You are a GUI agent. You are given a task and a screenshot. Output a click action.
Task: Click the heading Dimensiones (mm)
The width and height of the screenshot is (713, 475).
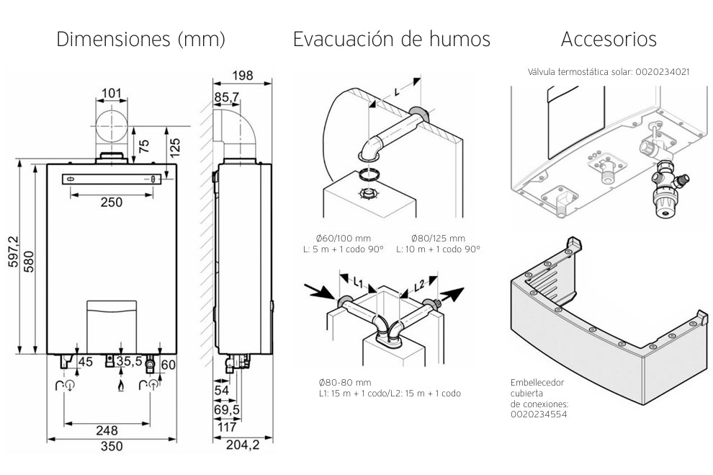click(x=141, y=39)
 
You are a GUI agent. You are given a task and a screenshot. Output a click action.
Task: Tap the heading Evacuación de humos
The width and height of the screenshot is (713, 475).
click(x=391, y=39)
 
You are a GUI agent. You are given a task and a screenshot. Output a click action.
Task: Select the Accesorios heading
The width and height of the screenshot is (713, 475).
click(x=609, y=39)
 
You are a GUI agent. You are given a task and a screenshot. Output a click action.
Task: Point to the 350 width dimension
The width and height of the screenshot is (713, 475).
click(x=110, y=446)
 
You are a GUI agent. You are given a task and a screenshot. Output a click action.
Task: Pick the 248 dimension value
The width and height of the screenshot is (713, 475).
click(x=107, y=430)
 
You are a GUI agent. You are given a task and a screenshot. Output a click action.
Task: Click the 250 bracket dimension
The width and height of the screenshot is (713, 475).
click(x=111, y=203)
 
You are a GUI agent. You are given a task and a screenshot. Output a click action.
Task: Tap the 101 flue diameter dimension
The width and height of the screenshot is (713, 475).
click(x=111, y=93)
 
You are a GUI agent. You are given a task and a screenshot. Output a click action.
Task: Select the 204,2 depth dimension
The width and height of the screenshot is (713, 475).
click(x=243, y=446)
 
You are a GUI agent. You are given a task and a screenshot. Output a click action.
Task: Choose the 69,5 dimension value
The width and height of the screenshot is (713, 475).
click(x=228, y=409)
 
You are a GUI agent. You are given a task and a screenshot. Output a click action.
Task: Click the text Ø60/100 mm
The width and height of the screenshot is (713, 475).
click(x=344, y=238)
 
